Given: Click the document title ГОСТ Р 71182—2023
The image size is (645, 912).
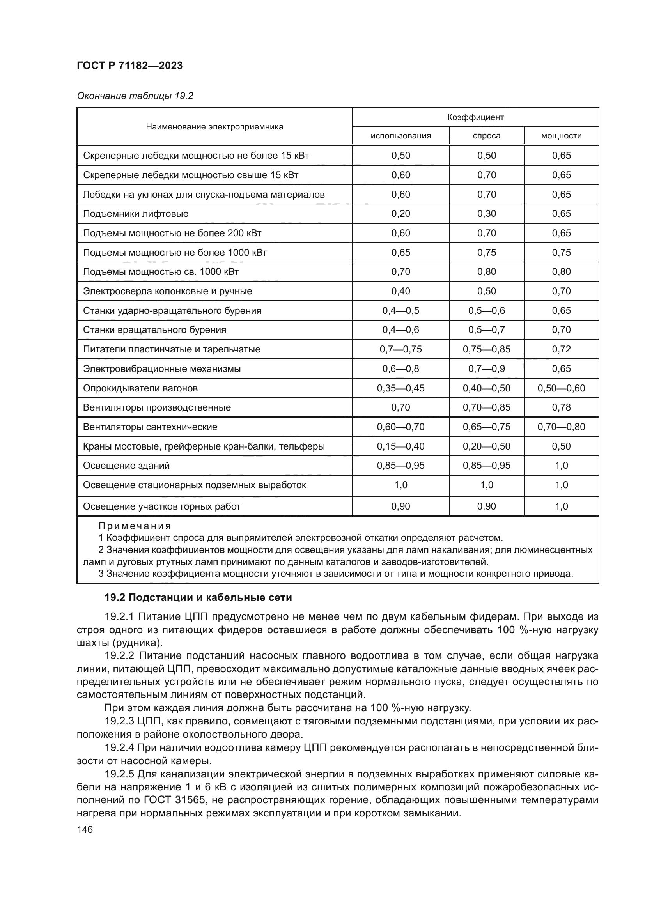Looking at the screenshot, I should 129,66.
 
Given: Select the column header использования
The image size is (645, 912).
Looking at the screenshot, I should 400,136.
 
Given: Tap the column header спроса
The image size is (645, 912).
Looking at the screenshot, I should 487,136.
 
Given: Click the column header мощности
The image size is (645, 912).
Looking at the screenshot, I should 561,136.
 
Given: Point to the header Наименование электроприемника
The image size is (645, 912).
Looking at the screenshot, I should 214,127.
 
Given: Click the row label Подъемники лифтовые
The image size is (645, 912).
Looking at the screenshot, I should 135,214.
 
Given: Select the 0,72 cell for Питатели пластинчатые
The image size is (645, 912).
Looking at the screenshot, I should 561,349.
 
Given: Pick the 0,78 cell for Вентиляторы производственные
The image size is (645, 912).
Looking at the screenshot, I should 561,407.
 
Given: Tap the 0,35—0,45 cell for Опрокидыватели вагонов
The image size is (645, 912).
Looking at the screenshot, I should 400,388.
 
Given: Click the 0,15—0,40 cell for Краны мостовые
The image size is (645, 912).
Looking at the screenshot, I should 400,446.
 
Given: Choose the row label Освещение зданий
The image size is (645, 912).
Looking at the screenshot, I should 126,466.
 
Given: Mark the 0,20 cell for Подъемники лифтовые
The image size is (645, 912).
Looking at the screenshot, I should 400,214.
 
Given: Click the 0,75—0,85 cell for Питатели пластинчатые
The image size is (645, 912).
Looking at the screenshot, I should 487,349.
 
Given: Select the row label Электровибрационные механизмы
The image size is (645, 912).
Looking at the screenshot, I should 162,369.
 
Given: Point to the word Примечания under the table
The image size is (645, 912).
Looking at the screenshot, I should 134,526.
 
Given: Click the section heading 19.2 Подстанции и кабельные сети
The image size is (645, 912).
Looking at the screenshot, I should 198,598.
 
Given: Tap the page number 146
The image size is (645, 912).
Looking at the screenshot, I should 85,830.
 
